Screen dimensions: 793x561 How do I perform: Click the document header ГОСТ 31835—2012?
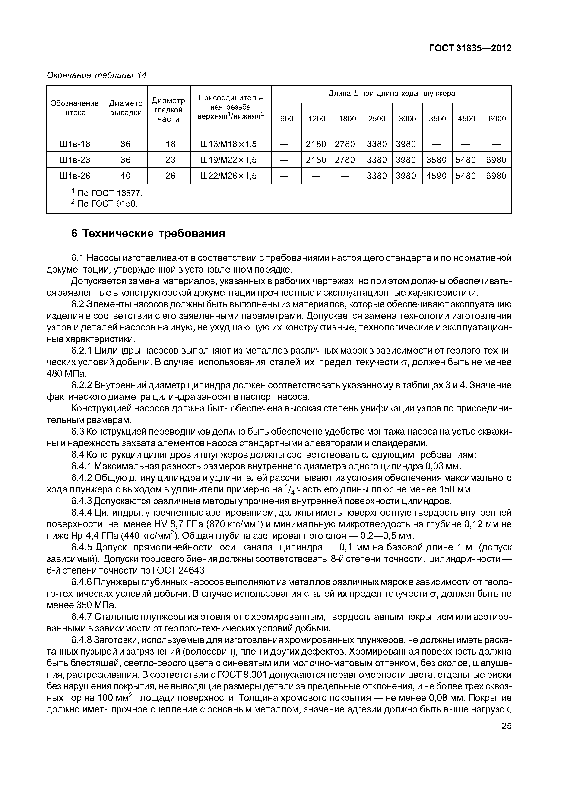click(470, 48)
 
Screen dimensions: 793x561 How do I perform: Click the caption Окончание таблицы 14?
click(96, 75)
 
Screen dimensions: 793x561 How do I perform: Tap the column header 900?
click(287, 119)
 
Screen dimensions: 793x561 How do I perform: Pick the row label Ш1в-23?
click(75, 160)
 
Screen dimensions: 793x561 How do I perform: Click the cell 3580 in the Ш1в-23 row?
click(437, 160)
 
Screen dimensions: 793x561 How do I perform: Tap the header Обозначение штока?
click(75, 108)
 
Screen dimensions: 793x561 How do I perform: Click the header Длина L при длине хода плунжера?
click(391, 94)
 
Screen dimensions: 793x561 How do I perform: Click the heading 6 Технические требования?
click(148, 234)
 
